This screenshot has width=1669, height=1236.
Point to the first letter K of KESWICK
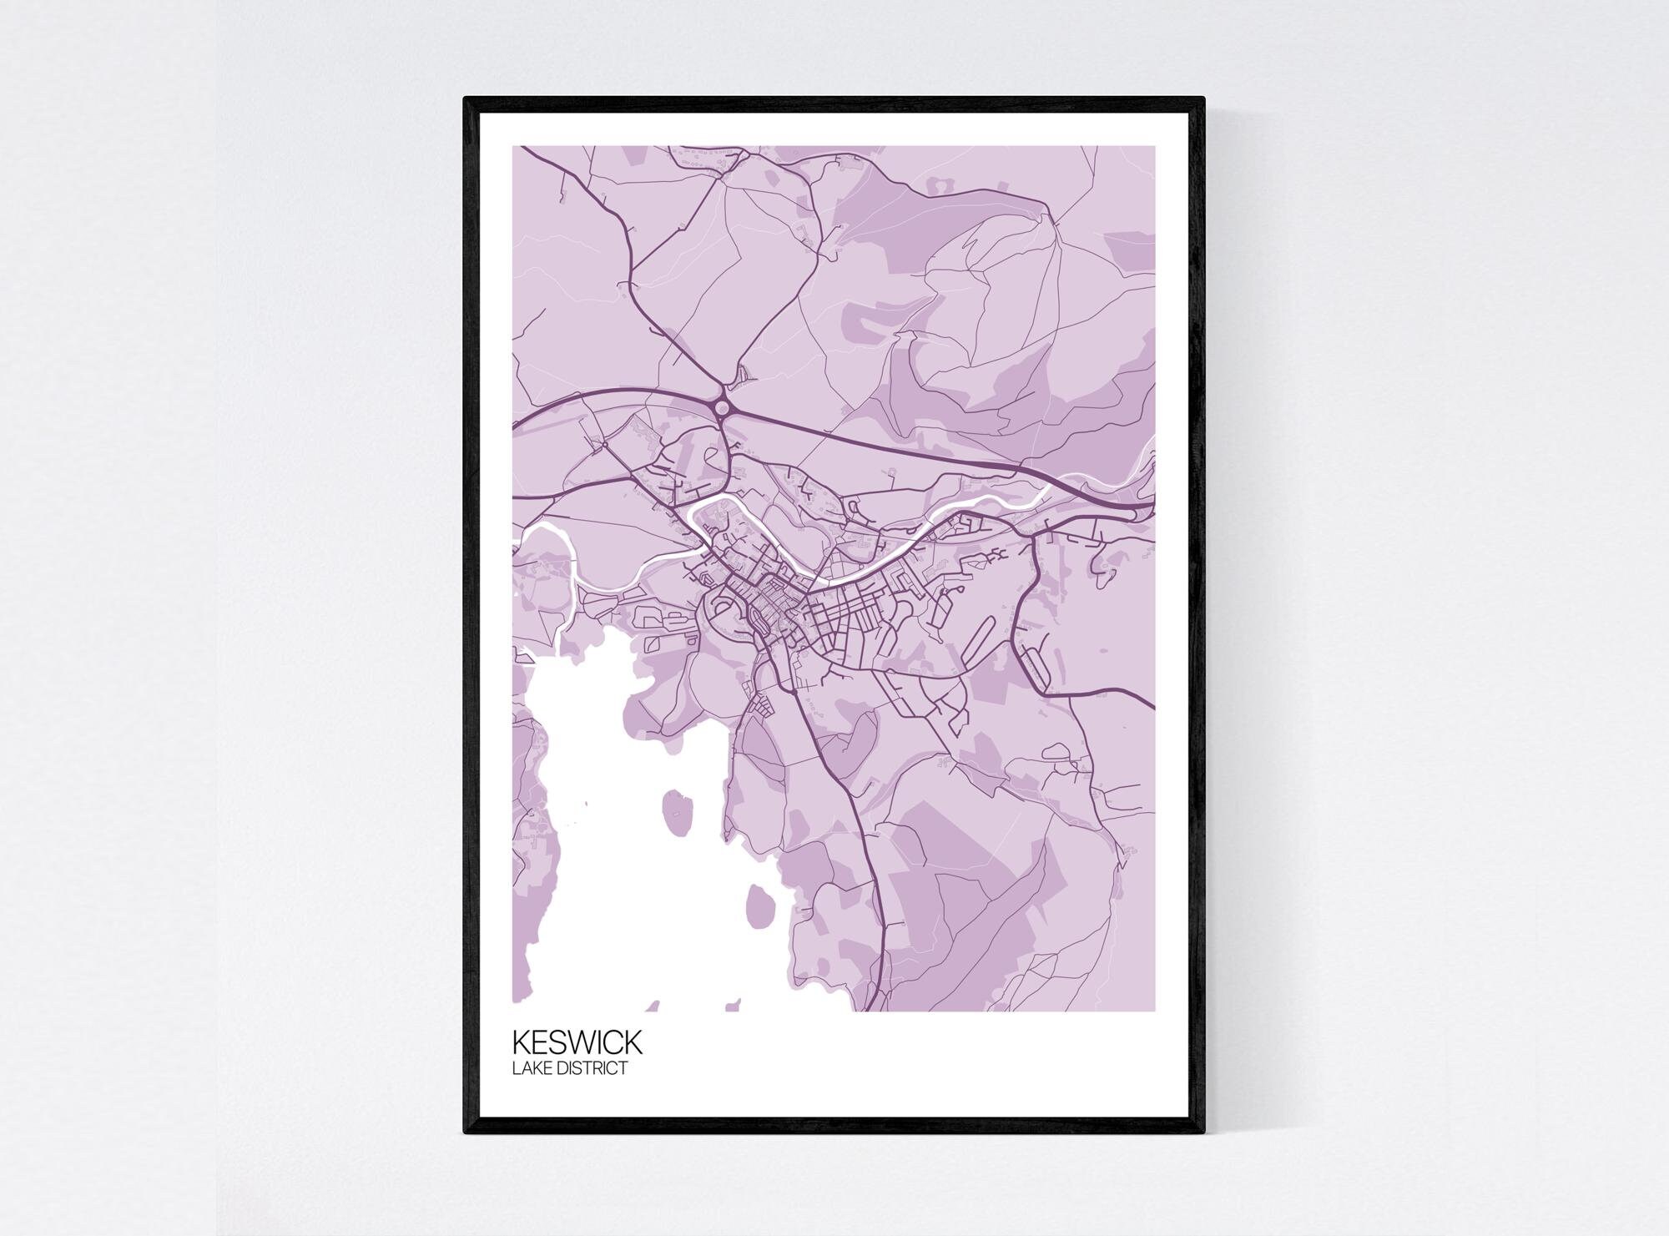click(520, 1042)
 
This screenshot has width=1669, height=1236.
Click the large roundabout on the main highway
click(722, 407)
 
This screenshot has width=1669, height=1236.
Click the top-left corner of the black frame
click(466, 99)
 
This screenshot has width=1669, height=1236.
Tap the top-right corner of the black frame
click(1203, 99)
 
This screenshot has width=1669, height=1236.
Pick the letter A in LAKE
click(525, 1068)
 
